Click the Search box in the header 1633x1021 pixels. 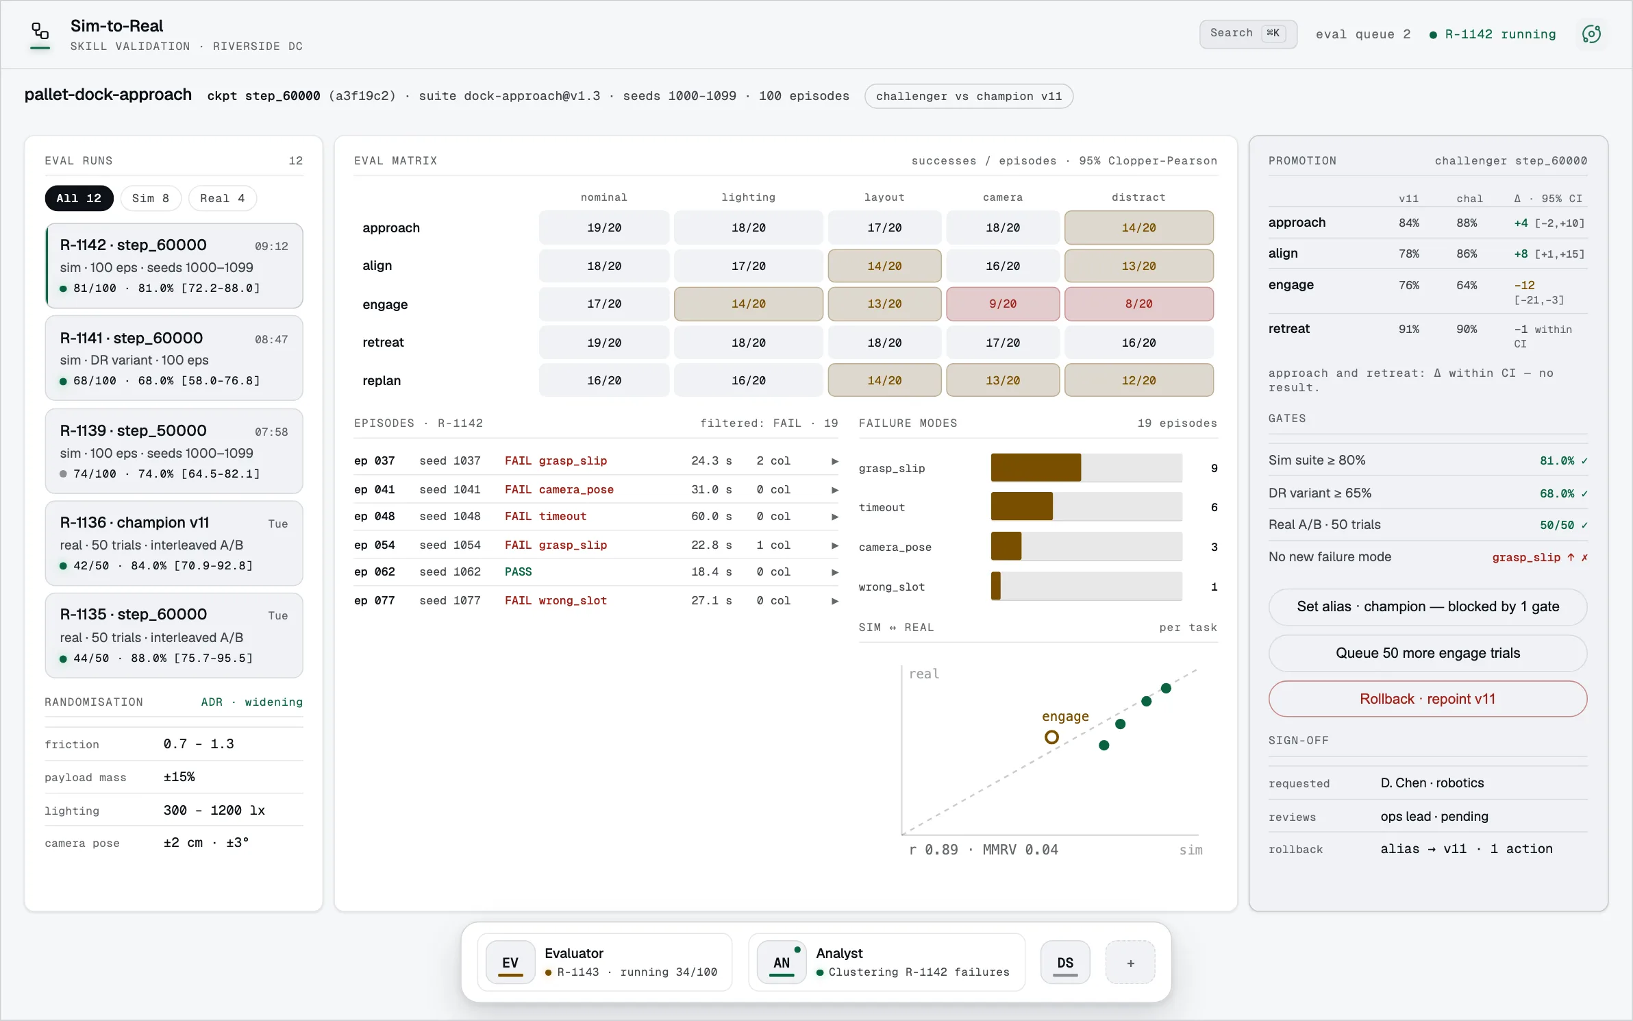[x=1248, y=34]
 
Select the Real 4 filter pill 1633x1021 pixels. [x=222, y=198]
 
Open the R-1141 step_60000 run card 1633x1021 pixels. [x=174, y=358]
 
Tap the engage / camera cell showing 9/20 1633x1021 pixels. [x=1003, y=304]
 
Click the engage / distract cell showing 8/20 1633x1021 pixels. [x=1138, y=304]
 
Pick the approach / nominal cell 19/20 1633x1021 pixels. [x=604, y=227]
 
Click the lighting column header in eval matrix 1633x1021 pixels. [x=748, y=197]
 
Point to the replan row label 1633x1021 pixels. [x=382, y=380]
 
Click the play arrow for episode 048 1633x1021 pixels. [x=835, y=517]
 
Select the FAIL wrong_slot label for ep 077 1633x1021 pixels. [x=556, y=600]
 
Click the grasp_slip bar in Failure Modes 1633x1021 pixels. [x=1036, y=467]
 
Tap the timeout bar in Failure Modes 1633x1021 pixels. [x=1021, y=506]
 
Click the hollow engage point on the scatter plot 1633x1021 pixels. [x=1051, y=737]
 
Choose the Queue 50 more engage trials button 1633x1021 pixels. [x=1428, y=653]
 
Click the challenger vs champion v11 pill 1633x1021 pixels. [x=969, y=96]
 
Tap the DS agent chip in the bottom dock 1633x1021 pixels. [x=1065, y=963]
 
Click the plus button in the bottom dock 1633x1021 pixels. [x=1130, y=963]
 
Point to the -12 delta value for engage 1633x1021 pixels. [x=1524, y=285]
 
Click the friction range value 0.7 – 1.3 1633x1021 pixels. [x=199, y=744]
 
